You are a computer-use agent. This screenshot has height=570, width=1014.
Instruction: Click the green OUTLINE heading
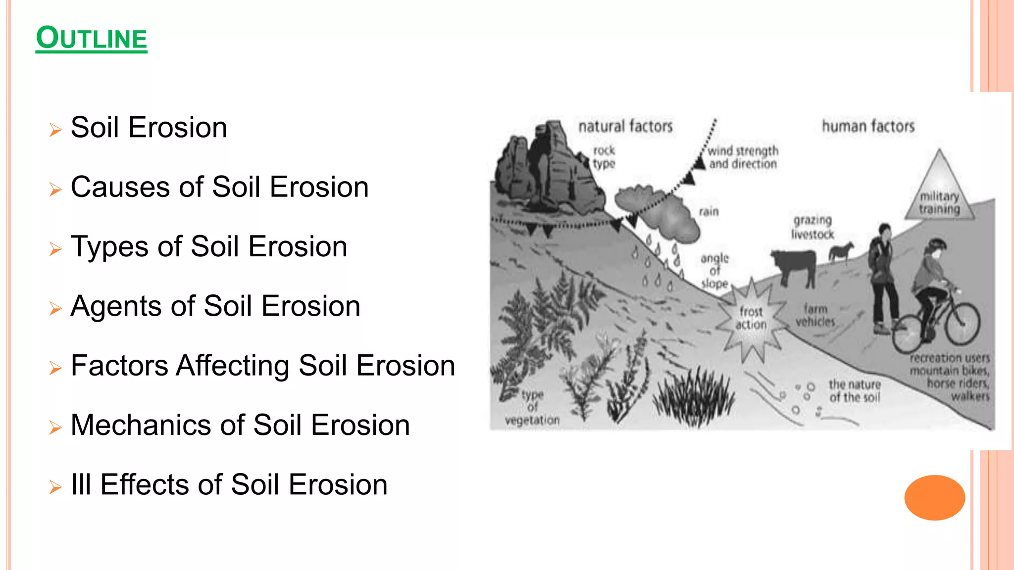click(x=92, y=39)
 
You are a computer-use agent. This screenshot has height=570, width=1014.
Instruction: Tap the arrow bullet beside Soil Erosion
click(x=55, y=130)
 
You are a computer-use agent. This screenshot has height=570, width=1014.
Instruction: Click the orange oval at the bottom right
click(x=934, y=497)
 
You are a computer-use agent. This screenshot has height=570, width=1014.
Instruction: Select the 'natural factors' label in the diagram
click(x=625, y=127)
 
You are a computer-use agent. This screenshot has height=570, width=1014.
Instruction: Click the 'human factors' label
click(x=868, y=127)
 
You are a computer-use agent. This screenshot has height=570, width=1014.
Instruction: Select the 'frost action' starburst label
click(x=751, y=318)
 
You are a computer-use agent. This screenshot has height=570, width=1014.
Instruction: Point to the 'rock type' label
click(x=604, y=157)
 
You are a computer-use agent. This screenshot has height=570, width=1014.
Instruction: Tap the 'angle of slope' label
click(x=714, y=271)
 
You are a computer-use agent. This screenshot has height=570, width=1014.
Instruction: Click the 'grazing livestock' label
click(x=812, y=227)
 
